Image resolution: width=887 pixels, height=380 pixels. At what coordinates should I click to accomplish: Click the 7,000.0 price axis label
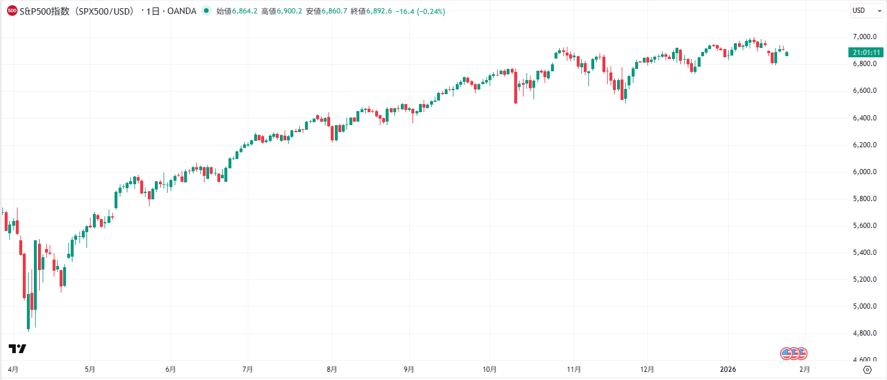tap(865, 37)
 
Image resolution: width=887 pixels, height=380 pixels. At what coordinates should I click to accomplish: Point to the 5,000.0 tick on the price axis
tap(865, 306)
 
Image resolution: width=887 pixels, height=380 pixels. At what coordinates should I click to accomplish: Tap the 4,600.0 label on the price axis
tap(865, 360)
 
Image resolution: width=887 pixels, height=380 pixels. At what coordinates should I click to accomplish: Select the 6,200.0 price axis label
tap(865, 145)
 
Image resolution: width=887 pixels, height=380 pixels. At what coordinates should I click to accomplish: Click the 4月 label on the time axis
tap(13, 369)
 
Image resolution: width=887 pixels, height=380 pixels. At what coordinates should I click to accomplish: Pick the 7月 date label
tap(247, 369)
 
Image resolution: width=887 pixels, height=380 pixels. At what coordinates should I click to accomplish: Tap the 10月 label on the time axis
tap(490, 369)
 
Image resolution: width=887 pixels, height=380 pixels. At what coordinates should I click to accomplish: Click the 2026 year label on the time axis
tap(728, 369)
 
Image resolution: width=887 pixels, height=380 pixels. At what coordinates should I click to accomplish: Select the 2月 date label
tap(805, 369)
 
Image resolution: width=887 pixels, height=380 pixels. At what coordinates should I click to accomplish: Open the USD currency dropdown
tap(867, 11)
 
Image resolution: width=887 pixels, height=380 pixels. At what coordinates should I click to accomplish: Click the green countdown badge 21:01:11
tap(867, 53)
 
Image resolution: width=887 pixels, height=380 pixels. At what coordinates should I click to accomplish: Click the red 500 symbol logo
tap(12, 11)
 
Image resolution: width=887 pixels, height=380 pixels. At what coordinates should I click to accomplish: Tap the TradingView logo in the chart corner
tap(18, 349)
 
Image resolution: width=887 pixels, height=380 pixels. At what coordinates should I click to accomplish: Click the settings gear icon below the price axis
tap(867, 369)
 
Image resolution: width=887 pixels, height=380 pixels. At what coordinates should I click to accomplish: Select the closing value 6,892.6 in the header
tap(379, 11)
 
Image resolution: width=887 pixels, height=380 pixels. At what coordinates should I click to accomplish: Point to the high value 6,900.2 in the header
tap(290, 11)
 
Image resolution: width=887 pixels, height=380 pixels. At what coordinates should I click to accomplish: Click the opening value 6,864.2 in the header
tap(245, 11)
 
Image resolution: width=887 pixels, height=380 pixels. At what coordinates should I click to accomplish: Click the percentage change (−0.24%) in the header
tap(431, 11)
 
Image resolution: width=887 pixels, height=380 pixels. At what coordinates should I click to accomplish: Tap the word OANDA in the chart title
tap(183, 11)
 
